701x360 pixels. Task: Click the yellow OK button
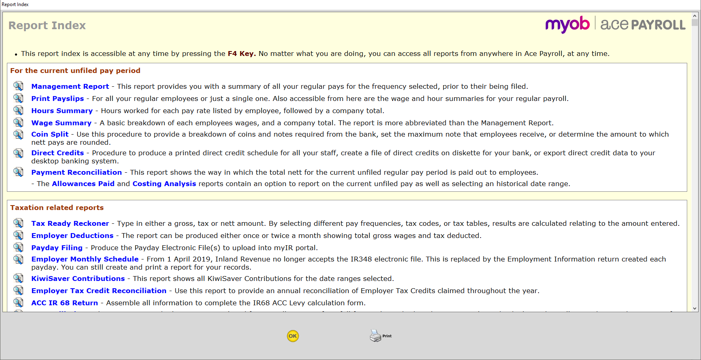click(x=293, y=336)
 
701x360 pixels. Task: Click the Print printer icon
click(x=376, y=336)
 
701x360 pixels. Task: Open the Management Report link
click(x=70, y=86)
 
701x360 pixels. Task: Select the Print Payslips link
click(x=58, y=99)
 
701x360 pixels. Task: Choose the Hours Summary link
click(x=62, y=111)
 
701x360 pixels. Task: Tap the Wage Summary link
click(x=61, y=123)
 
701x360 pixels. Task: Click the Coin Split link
click(x=50, y=134)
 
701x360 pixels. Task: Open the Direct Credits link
click(x=58, y=153)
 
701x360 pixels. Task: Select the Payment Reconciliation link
click(x=77, y=172)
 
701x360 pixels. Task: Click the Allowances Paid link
click(x=83, y=184)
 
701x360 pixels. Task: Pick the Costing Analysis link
click(x=164, y=184)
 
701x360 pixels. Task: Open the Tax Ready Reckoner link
click(x=70, y=223)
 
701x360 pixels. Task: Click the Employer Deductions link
click(x=72, y=236)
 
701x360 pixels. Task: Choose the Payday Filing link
click(x=57, y=248)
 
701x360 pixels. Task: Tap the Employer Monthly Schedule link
click(x=85, y=259)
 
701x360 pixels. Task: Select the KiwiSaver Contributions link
click(x=78, y=279)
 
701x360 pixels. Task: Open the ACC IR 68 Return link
click(x=64, y=303)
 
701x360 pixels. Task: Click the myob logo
click(x=567, y=25)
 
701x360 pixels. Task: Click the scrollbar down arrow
click(x=695, y=309)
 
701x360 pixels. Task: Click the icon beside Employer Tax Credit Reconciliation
click(x=18, y=291)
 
